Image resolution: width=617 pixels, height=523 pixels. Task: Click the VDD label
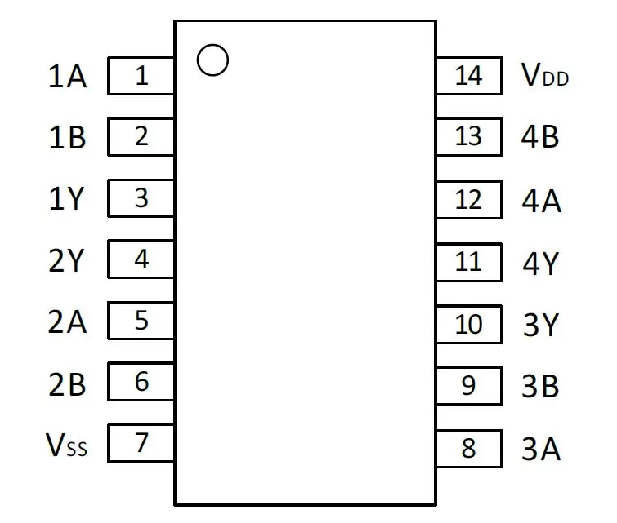pos(545,75)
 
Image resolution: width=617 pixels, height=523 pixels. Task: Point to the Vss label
pos(66,445)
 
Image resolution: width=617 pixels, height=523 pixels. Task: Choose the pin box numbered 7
pos(141,443)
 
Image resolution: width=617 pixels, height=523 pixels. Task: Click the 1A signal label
pos(67,76)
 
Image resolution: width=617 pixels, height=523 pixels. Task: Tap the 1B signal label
pos(67,137)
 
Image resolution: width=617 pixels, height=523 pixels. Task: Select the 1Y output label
pos(66,198)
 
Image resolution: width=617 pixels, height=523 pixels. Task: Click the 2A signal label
pos(67,321)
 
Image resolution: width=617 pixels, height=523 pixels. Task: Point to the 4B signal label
pos(540,137)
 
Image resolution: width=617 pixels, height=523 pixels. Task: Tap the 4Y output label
pos(541,263)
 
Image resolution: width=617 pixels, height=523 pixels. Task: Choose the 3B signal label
pos(540,386)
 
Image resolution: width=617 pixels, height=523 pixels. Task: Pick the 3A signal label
pos(541,448)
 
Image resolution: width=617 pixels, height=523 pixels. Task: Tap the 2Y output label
pos(66,260)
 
